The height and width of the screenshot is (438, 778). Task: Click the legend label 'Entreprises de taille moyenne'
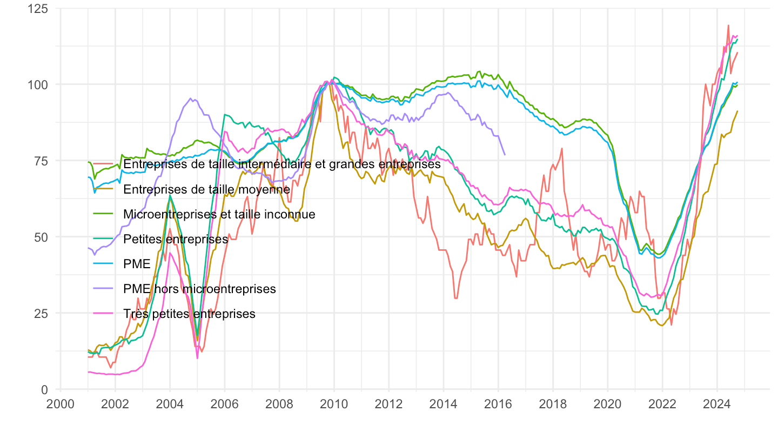tap(207, 189)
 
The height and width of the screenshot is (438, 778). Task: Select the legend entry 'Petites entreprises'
tap(176, 239)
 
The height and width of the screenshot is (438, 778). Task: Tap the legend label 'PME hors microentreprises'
tap(199, 289)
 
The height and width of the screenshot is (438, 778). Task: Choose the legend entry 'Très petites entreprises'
tap(189, 314)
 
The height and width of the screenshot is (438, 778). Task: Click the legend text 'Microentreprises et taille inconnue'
tap(219, 214)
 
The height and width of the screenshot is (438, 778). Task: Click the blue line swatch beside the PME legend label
tap(103, 264)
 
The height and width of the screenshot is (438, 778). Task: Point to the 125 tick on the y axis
tap(37, 9)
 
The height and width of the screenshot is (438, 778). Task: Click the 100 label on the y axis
tap(37, 85)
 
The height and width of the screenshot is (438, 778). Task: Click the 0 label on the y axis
tap(43, 389)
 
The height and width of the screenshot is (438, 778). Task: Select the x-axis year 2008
tap(279, 403)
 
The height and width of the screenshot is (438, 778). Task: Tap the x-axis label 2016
tap(498, 403)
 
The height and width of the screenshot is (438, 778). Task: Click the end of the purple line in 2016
tap(505, 155)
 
